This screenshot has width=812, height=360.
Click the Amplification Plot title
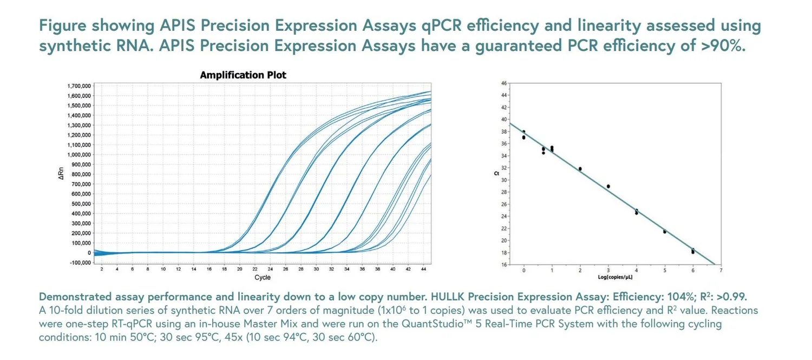243,75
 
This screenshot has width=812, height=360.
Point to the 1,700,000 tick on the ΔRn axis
79,86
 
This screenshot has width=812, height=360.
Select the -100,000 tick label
80,263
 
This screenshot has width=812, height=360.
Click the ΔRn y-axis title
61,174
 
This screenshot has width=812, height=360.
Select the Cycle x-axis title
262,278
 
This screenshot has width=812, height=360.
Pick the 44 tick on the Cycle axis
423,269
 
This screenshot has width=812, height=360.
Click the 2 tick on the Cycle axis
102,269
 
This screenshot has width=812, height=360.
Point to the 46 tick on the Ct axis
503,83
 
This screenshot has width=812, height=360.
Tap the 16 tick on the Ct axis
503,265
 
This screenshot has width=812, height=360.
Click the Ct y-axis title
496,174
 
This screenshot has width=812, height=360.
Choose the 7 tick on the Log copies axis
721,270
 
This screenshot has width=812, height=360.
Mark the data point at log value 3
608,186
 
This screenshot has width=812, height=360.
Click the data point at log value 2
580,169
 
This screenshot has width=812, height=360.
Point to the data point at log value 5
665,232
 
